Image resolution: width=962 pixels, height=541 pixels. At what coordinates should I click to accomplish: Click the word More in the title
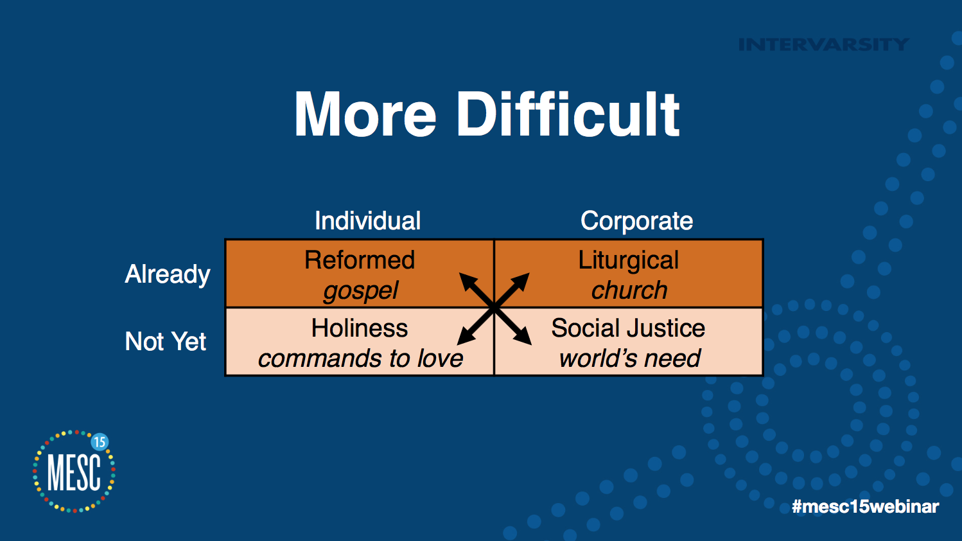[x=365, y=114]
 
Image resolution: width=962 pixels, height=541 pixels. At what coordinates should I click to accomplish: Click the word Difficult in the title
[x=568, y=114]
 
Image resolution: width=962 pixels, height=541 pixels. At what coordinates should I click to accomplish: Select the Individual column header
[x=367, y=221]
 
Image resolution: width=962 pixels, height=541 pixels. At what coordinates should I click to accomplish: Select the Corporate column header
[x=636, y=221]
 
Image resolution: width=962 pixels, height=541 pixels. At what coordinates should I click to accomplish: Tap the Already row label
[x=168, y=274]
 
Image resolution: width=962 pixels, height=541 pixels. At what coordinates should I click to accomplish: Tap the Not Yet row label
[x=165, y=342]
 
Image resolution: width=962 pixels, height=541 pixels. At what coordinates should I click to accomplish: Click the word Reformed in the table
[x=360, y=260]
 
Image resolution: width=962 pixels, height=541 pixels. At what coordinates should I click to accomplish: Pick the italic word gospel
[x=361, y=291]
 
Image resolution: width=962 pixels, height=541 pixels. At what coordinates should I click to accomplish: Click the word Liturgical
[x=628, y=261]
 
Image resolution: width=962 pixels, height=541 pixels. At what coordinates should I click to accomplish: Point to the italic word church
[x=629, y=290]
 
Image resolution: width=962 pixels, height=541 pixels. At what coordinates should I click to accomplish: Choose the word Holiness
[x=360, y=328]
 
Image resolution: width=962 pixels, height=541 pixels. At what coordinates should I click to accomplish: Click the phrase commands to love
[x=360, y=359]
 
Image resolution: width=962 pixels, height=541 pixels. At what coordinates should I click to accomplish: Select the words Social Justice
[x=628, y=328]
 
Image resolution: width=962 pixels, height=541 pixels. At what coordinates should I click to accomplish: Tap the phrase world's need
[x=629, y=359]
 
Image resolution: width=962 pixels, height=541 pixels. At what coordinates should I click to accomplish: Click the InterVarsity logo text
[x=824, y=44]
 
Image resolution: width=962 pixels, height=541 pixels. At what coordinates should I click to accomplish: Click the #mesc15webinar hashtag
[x=866, y=506]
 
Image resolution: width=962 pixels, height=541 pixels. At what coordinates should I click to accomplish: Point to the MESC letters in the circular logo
[x=74, y=472]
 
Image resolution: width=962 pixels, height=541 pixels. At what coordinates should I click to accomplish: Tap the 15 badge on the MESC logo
[x=100, y=442]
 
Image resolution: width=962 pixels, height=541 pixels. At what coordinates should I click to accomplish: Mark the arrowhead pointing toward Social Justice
[x=522, y=335]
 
